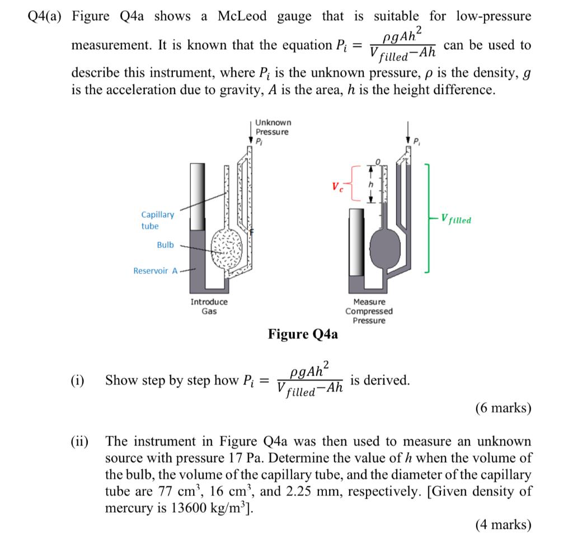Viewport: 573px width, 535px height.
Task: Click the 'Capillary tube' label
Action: pos(157,220)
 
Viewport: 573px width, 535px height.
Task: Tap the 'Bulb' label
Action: pos(165,245)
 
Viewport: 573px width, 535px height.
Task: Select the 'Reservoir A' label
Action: pos(155,271)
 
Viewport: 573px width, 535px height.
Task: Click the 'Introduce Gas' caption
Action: pos(209,306)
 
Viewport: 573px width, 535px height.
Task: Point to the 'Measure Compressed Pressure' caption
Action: pos(369,311)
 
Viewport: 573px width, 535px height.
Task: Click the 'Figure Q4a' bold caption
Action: pos(303,335)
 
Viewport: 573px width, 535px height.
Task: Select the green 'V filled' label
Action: pos(455,219)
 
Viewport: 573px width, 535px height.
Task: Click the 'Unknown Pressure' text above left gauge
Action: pos(273,127)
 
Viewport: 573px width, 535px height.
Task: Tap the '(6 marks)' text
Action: pos(502,408)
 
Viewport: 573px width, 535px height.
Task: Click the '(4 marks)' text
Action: pos(502,524)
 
